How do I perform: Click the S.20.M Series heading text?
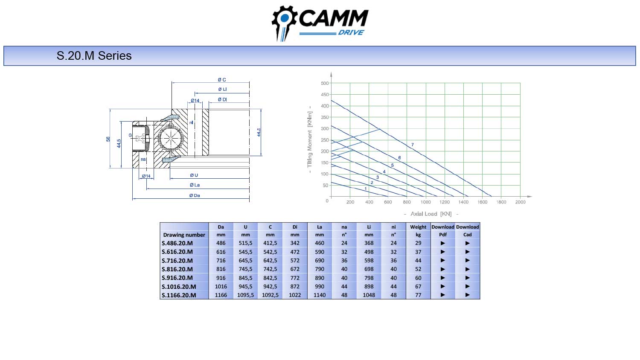(94, 56)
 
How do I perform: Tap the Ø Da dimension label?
(195, 195)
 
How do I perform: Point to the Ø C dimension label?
(222, 80)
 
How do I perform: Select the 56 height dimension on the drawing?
(108, 139)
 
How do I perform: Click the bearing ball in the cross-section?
(170, 138)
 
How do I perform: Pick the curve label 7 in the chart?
(412, 145)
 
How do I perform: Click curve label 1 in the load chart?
(365, 189)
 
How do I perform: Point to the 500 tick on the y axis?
(325, 84)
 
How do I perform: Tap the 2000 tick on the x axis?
(520, 202)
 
